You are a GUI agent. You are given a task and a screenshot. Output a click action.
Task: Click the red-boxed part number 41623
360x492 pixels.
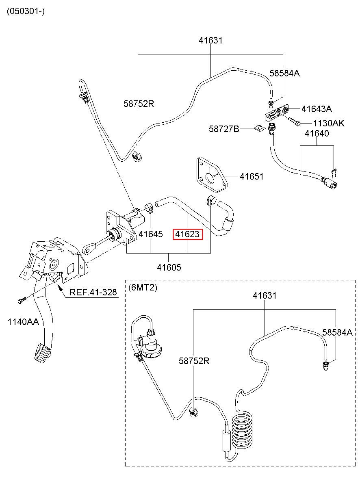(187, 234)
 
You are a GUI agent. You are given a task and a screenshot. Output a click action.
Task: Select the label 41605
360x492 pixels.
(169, 267)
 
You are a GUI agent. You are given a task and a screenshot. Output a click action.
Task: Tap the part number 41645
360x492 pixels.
(151, 234)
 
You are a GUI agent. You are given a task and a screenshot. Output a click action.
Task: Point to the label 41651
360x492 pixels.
(252, 176)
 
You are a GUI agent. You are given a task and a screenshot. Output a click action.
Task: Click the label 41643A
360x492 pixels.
(317, 109)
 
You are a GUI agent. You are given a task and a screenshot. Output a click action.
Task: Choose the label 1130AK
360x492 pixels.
(329, 123)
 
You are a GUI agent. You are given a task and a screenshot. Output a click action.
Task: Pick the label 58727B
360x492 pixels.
(224, 129)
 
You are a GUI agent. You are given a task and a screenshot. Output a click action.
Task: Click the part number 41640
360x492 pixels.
(317, 133)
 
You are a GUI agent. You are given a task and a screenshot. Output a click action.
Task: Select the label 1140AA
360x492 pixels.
(23, 322)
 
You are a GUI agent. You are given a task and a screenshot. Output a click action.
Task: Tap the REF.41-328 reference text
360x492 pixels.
(93, 293)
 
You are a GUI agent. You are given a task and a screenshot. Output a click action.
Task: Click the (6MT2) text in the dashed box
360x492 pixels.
(143, 288)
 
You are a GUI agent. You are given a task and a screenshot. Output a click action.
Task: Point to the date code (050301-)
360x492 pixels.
(26, 11)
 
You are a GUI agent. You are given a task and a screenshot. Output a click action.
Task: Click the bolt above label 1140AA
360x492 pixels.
(22, 300)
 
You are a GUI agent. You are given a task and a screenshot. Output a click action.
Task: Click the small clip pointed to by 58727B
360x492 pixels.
(259, 129)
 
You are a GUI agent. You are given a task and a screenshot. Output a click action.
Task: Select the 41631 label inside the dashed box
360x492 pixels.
(265, 295)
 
